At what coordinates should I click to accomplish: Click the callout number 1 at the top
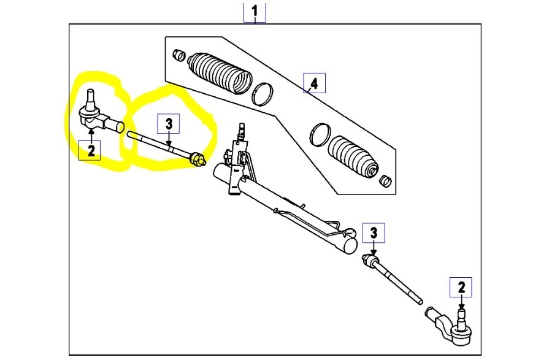pyautogui.click(x=255, y=11)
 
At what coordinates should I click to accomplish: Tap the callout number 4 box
pyautogui.click(x=314, y=83)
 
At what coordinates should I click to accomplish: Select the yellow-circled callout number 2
pyautogui.click(x=91, y=149)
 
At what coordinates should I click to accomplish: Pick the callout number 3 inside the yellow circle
pyautogui.click(x=170, y=124)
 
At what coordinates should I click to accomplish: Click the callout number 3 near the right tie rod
pyautogui.click(x=374, y=234)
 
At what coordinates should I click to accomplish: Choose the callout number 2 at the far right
pyautogui.click(x=461, y=287)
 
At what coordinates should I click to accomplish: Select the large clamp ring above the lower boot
pyautogui.click(x=320, y=135)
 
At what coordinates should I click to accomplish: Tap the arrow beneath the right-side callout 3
pyautogui.click(x=374, y=248)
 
